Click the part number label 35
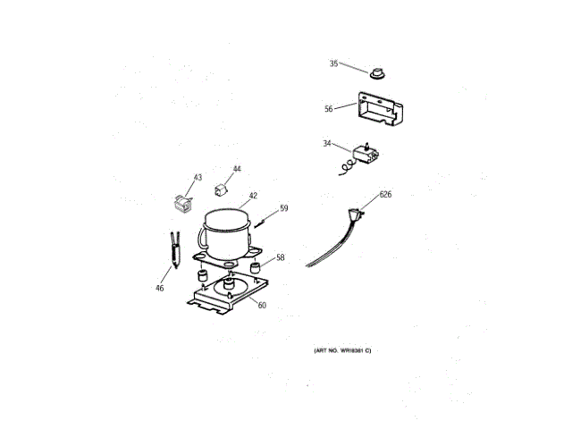coord(334,63)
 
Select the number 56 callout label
coord(329,109)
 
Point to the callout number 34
coord(327,143)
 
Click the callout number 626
coord(385,193)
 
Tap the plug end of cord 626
coord(359,214)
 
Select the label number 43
coord(198,177)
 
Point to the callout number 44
coord(237,168)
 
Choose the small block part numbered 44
coord(219,188)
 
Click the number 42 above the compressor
coord(253,195)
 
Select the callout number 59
coord(283,208)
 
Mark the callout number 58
coord(280,257)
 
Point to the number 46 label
coord(159,288)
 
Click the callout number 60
coord(262,306)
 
